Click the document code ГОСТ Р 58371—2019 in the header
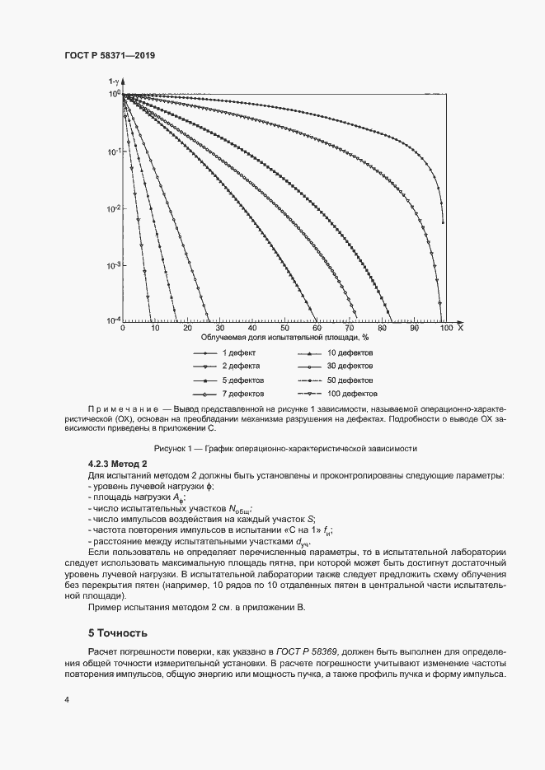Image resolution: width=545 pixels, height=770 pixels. (x=110, y=56)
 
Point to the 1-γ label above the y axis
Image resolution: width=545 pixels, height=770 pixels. (x=115, y=82)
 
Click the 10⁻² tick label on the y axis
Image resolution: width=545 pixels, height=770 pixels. (x=115, y=208)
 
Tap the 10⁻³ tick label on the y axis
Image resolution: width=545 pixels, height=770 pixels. (x=115, y=265)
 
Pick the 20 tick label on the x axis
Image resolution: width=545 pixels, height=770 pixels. (x=187, y=328)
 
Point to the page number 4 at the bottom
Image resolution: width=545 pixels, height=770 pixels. (x=66, y=699)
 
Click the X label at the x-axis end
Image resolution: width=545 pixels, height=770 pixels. (x=460, y=328)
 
